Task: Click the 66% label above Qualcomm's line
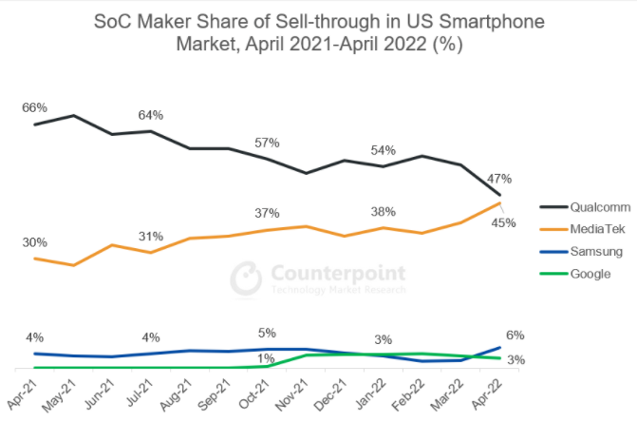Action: [x=34, y=107]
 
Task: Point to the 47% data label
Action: [x=500, y=178]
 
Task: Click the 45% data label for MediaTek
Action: [x=503, y=223]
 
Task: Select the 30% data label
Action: [x=34, y=242]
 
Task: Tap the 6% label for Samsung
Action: [x=515, y=335]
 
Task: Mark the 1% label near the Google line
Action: [x=268, y=357]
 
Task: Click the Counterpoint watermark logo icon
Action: [x=247, y=278]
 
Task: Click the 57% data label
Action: [x=267, y=143]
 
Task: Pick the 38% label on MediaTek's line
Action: [x=384, y=212]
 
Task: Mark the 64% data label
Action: [x=150, y=115]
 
